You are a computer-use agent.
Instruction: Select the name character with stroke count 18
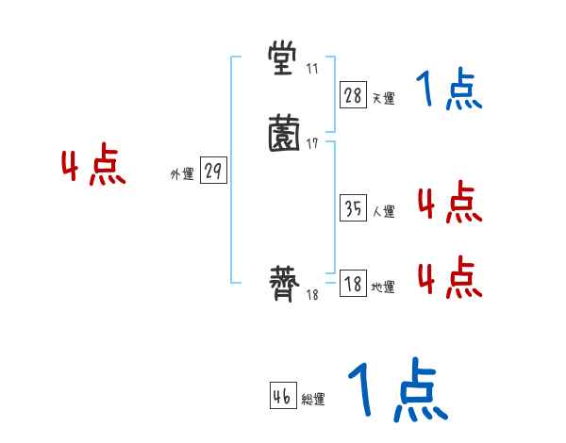click(x=284, y=284)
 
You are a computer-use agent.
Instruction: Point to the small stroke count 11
click(x=312, y=69)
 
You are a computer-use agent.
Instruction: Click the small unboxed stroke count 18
click(x=312, y=295)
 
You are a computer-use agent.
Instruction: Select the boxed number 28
click(x=353, y=95)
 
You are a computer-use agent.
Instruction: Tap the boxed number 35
click(x=353, y=209)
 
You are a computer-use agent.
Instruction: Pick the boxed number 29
click(x=213, y=172)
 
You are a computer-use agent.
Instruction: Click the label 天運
click(x=383, y=98)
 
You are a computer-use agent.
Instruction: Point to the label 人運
click(x=383, y=212)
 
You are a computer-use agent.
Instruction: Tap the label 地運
click(x=383, y=287)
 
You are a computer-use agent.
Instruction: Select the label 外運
click(x=182, y=174)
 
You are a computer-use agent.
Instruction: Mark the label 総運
click(x=313, y=400)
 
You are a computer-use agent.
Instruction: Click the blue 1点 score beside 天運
click(x=449, y=91)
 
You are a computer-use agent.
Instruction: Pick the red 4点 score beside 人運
click(x=449, y=204)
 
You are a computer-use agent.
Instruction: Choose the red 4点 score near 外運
click(x=93, y=168)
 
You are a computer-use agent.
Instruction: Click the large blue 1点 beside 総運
click(x=397, y=390)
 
